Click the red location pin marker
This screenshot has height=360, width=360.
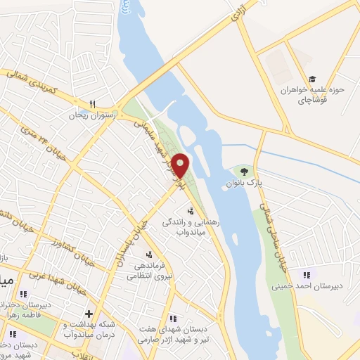click(180, 165)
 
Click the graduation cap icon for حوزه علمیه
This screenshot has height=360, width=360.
click(311, 79)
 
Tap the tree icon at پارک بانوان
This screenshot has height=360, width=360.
click(244, 171)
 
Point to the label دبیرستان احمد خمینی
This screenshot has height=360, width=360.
click(307, 286)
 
